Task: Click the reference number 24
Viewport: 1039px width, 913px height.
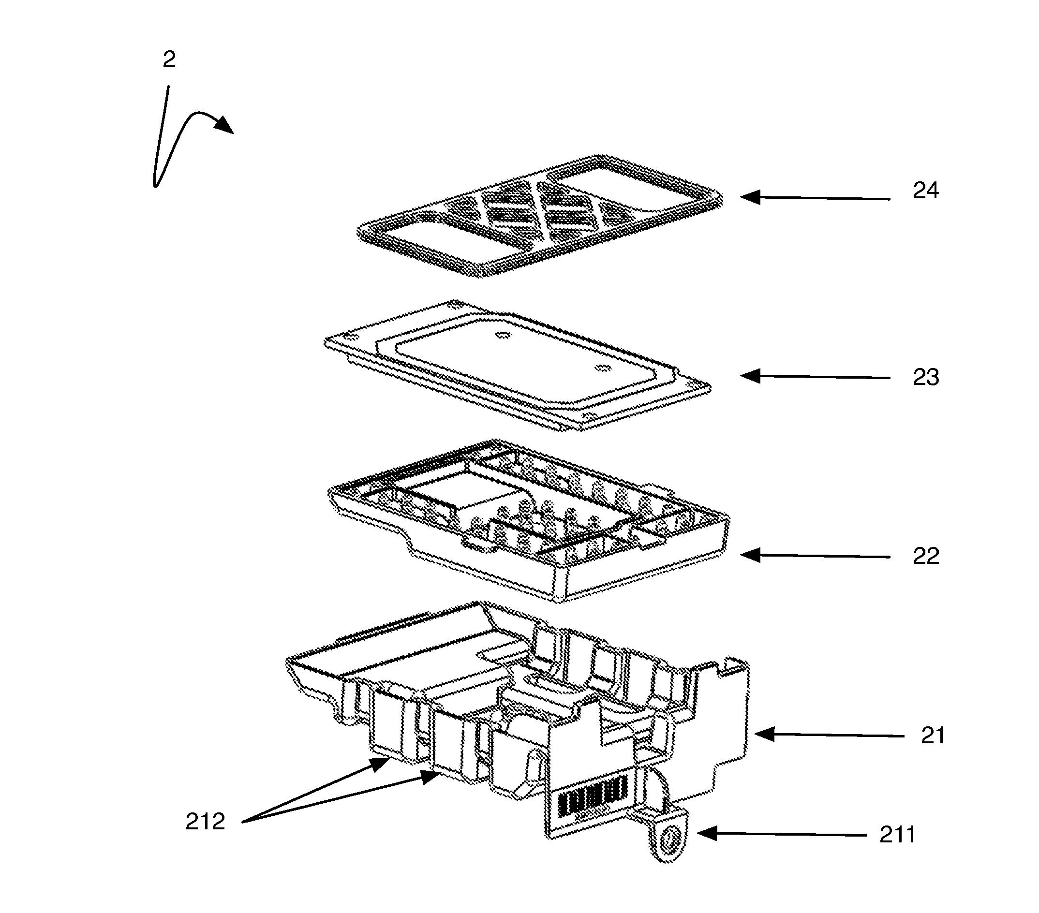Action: coord(925,191)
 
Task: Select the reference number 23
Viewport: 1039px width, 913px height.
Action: coord(926,378)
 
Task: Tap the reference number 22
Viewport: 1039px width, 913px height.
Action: coord(926,556)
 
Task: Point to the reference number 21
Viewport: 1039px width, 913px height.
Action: coord(932,736)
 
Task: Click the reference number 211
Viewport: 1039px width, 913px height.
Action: coord(897,835)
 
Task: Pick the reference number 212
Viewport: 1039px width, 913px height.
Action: coord(205,822)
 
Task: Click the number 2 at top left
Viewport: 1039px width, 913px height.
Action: coord(169,60)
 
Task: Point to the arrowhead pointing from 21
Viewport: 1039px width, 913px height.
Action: coord(764,734)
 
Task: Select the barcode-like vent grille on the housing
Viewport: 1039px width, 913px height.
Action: coord(592,797)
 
